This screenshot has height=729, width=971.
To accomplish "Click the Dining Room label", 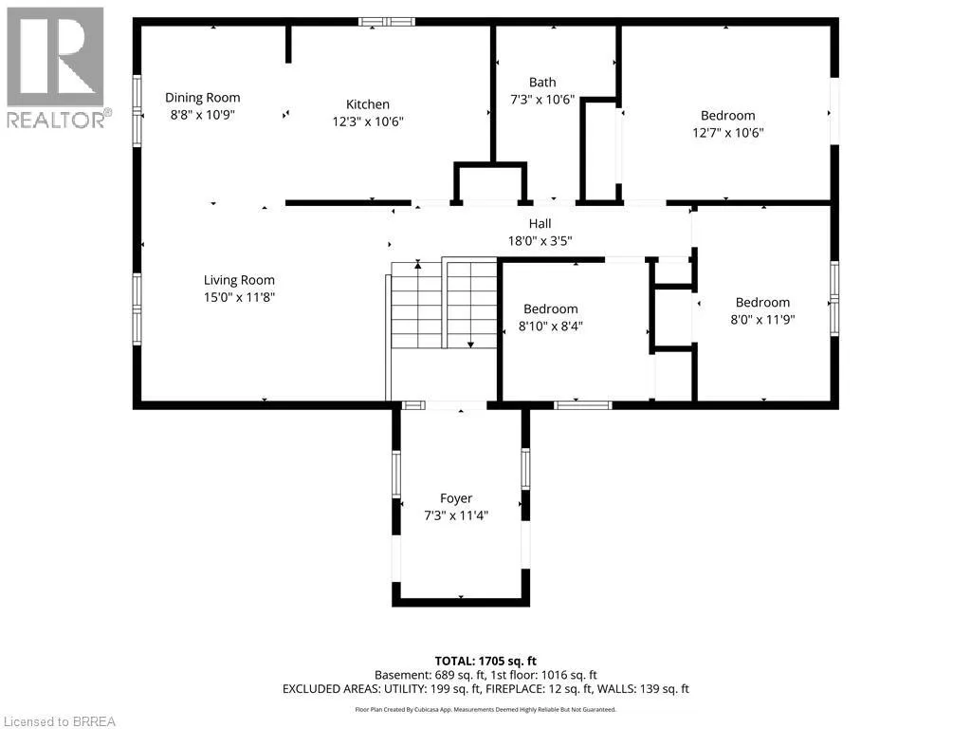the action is click(203, 98).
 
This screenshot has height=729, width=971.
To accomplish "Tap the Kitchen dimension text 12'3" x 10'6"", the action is click(368, 121).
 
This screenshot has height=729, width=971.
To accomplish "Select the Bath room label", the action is click(542, 82).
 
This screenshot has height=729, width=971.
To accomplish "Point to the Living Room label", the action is click(239, 280).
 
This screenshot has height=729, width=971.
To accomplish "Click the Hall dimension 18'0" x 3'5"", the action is click(540, 240).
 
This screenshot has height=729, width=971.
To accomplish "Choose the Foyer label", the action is click(456, 498).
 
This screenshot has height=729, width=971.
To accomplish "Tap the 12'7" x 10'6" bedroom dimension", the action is click(728, 133).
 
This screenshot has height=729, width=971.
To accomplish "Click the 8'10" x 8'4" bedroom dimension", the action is click(551, 327).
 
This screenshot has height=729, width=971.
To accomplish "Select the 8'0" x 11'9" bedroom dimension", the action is click(763, 320).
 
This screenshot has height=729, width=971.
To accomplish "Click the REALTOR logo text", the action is click(57, 119).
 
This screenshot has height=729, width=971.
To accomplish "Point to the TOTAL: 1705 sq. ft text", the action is click(485, 661).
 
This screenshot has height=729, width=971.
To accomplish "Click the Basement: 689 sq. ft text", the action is click(430, 675).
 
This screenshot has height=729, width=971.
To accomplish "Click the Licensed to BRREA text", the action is click(58, 721).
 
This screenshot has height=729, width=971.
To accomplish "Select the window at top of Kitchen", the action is click(387, 22).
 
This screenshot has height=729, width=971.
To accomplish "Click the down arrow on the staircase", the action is click(470, 342).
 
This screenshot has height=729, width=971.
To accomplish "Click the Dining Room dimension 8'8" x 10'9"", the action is click(203, 115).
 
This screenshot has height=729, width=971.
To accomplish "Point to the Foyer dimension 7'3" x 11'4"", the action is click(456, 515).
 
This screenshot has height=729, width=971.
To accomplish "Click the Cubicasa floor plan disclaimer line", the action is click(485, 709).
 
